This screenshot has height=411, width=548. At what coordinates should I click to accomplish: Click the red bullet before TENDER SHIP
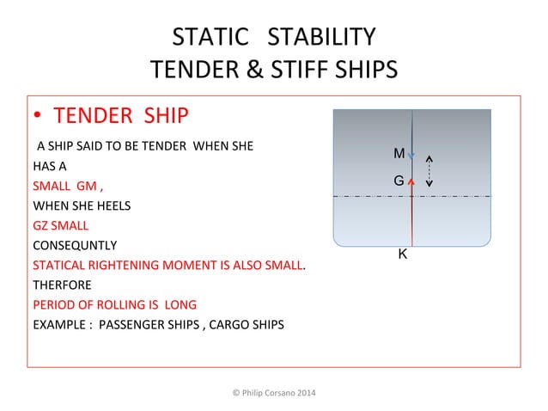click(x=38, y=116)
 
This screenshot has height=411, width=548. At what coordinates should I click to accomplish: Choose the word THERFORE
click(x=62, y=285)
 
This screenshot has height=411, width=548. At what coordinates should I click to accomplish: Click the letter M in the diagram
click(x=399, y=154)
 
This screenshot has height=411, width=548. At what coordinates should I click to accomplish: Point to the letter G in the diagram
click(x=399, y=181)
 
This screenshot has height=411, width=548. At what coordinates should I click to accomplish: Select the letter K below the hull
click(x=402, y=255)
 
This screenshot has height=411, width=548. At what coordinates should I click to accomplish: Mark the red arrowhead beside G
click(x=411, y=181)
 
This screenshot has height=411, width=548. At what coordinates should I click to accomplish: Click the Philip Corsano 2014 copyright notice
click(x=274, y=393)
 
